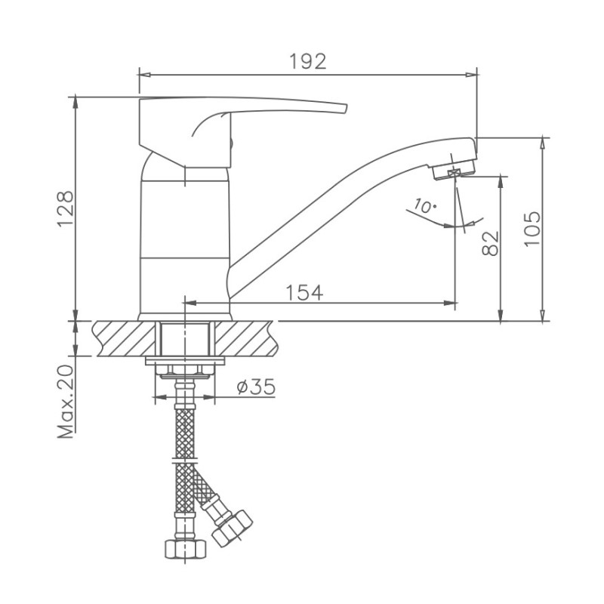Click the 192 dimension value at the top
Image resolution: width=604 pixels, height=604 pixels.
point(307,61)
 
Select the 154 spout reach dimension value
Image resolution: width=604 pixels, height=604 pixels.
point(304,292)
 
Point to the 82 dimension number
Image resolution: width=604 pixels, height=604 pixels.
point(490,243)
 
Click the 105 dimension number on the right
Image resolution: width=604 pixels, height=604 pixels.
point(532,229)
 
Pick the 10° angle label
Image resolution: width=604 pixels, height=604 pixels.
point(425,206)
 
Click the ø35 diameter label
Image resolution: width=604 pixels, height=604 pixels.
point(256,387)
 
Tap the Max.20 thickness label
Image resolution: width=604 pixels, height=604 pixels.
point(65,402)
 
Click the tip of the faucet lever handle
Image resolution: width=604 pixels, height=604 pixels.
point(346,109)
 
